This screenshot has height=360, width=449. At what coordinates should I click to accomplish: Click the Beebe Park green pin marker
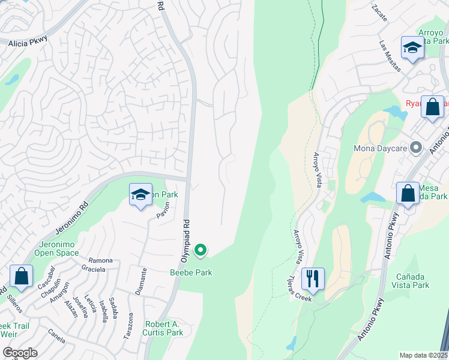coord(201,250)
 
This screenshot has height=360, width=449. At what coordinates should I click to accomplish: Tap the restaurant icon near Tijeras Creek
coord(313,278)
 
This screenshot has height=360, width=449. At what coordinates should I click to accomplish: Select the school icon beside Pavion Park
coord(140,195)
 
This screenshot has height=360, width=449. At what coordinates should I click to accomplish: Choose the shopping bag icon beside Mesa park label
coord(408,193)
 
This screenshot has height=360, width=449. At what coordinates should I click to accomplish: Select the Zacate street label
coord(379,11)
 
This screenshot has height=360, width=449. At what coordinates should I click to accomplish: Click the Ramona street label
coord(100,260)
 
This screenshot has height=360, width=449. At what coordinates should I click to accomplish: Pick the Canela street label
coord(56,338)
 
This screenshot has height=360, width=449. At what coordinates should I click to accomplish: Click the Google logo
coord(20,352)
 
